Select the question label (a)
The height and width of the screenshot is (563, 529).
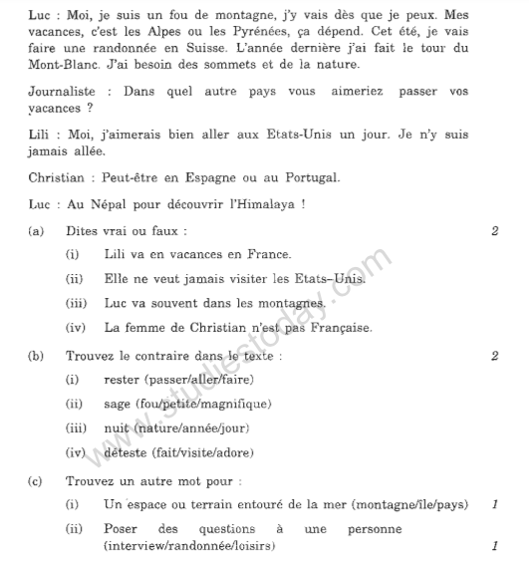coord(36,231)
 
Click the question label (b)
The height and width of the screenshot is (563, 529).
coord(36,356)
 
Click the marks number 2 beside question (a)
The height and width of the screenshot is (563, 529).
coord(495,231)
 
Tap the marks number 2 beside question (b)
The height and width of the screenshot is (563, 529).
coord(495,356)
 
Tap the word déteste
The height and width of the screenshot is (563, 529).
coord(127,453)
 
